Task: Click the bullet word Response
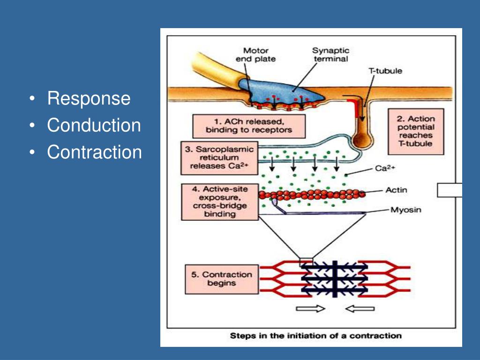[x=89, y=98]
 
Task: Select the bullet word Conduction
[x=94, y=125]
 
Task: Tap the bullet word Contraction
[x=94, y=152]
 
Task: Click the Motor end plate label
[x=255, y=55]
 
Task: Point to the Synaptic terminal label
[x=330, y=54]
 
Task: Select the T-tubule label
[x=385, y=71]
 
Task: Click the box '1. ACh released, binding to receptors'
[x=249, y=126]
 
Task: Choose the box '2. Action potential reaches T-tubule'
[x=416, y=131]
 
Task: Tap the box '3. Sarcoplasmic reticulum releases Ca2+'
[x=219, y=158]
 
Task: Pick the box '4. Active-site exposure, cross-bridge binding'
[x=220, y=202]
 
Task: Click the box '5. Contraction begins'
[x=222, y=279]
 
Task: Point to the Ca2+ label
[x=385, y=168]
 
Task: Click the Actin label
[x=396, y=190]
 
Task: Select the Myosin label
[x=406, y=210]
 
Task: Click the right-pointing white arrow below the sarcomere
[x=310, y=308]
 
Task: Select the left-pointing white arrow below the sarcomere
[x=360, y=308]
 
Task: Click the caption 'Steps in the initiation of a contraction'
[x=315, y=336]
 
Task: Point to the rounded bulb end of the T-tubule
[x=362, y=140]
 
